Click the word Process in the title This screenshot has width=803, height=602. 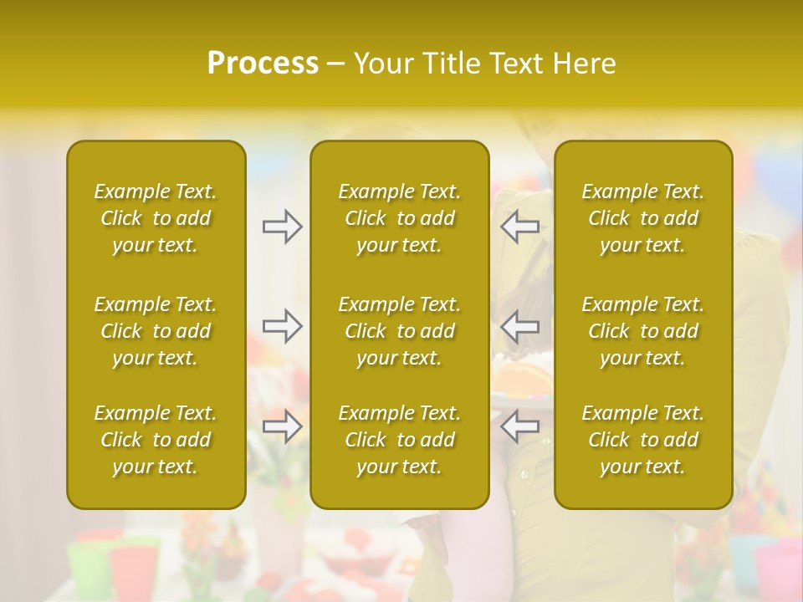click(263, 64)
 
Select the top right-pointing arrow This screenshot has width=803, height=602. click(282, 227)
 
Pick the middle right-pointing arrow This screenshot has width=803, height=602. click(282, 326)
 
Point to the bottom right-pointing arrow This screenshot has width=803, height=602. click(282, 426)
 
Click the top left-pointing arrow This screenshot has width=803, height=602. click(519, 227)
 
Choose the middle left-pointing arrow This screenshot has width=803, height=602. click(519, 326)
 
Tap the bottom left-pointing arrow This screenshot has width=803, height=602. click(519, 426)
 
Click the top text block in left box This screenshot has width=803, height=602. click(156, 218)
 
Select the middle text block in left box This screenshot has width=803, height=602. click(156, 331)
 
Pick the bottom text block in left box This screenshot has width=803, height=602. click(156, 440)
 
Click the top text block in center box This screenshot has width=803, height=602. click(399, 218)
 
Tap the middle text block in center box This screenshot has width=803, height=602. click(399, 331)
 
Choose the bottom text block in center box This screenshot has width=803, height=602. click(399, 440)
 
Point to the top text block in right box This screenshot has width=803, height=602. click(643, 218)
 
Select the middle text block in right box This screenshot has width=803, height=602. click(643, 331)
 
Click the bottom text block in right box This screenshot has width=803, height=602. click(643, 440)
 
